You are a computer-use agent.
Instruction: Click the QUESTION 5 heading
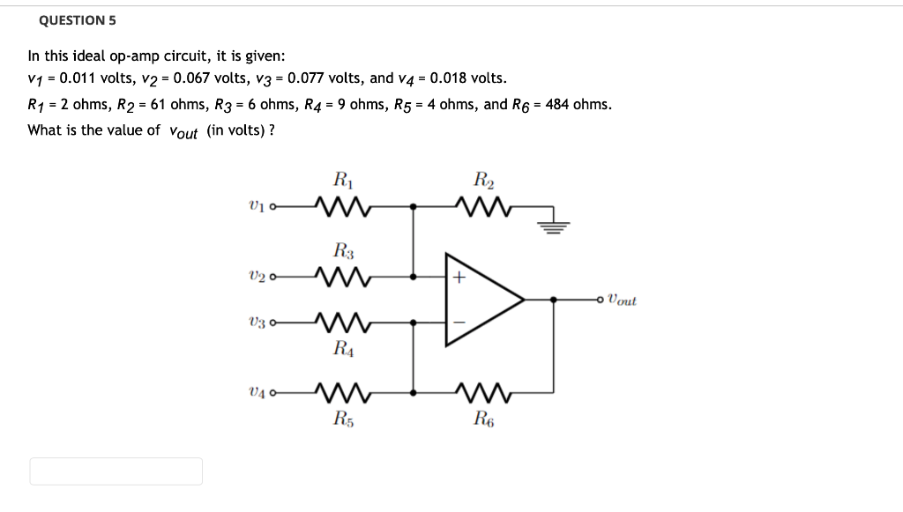[x=78, y=20]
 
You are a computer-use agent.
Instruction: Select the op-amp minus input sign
[x=459, y=323]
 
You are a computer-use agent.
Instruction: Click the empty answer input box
[x=116, y=471]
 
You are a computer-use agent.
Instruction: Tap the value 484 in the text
[x=558, y=104]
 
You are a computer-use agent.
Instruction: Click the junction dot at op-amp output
[x=554, y=300]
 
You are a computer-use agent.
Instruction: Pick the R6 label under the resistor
[x=482, y=418]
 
